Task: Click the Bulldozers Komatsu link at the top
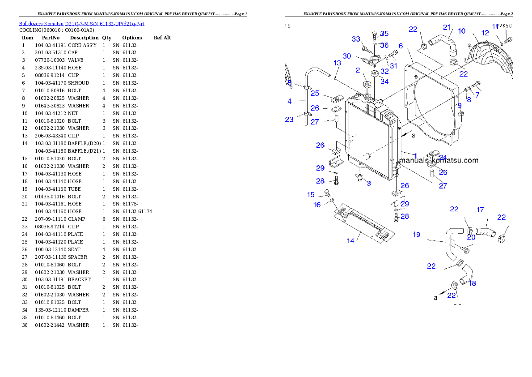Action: point(81,23)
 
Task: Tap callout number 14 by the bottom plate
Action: point(350,241)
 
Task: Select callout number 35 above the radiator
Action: point(384,34)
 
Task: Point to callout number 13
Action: point(337,63)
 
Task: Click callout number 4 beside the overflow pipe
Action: point(289,102)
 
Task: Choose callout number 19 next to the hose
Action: point(416,235)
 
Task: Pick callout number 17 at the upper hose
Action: point(480,210)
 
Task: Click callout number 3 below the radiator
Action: point(369,183)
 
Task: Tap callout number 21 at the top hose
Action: point(447,28)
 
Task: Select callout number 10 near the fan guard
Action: point(461,31)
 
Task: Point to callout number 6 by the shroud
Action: point(401,46)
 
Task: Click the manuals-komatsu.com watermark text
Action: point(438,160)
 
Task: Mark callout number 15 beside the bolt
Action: point(311,195)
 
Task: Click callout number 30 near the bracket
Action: point(347,56)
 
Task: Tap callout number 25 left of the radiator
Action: point(315,93)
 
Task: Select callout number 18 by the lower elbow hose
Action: point(473,283)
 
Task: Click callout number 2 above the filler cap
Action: point(358,70)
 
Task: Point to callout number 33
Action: point(356,39)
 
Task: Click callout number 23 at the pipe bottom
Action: point(289,120)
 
